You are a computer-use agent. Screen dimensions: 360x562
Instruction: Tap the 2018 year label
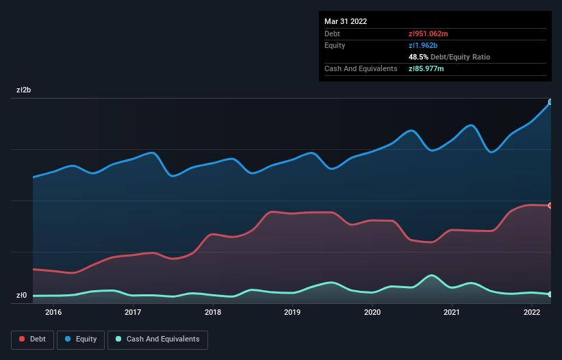(213, 313)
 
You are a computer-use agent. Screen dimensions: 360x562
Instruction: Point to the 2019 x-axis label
(292, 313)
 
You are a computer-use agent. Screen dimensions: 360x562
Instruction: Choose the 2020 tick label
(372, 313)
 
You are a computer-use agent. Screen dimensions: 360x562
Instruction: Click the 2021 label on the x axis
(452, 313)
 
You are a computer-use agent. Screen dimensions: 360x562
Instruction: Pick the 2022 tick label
(532, 313)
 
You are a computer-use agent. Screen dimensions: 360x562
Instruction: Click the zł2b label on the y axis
(24, 90)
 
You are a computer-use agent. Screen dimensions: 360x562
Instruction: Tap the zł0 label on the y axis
(22, 296)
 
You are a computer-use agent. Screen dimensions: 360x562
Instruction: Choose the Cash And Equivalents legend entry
(157, 339)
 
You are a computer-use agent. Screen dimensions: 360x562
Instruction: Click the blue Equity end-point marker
(550, 102)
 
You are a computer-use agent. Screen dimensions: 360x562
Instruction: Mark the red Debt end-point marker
(550, 205)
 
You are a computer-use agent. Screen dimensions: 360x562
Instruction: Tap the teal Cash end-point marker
(550, 294)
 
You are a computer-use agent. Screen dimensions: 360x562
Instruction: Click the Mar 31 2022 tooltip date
(346, 21)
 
